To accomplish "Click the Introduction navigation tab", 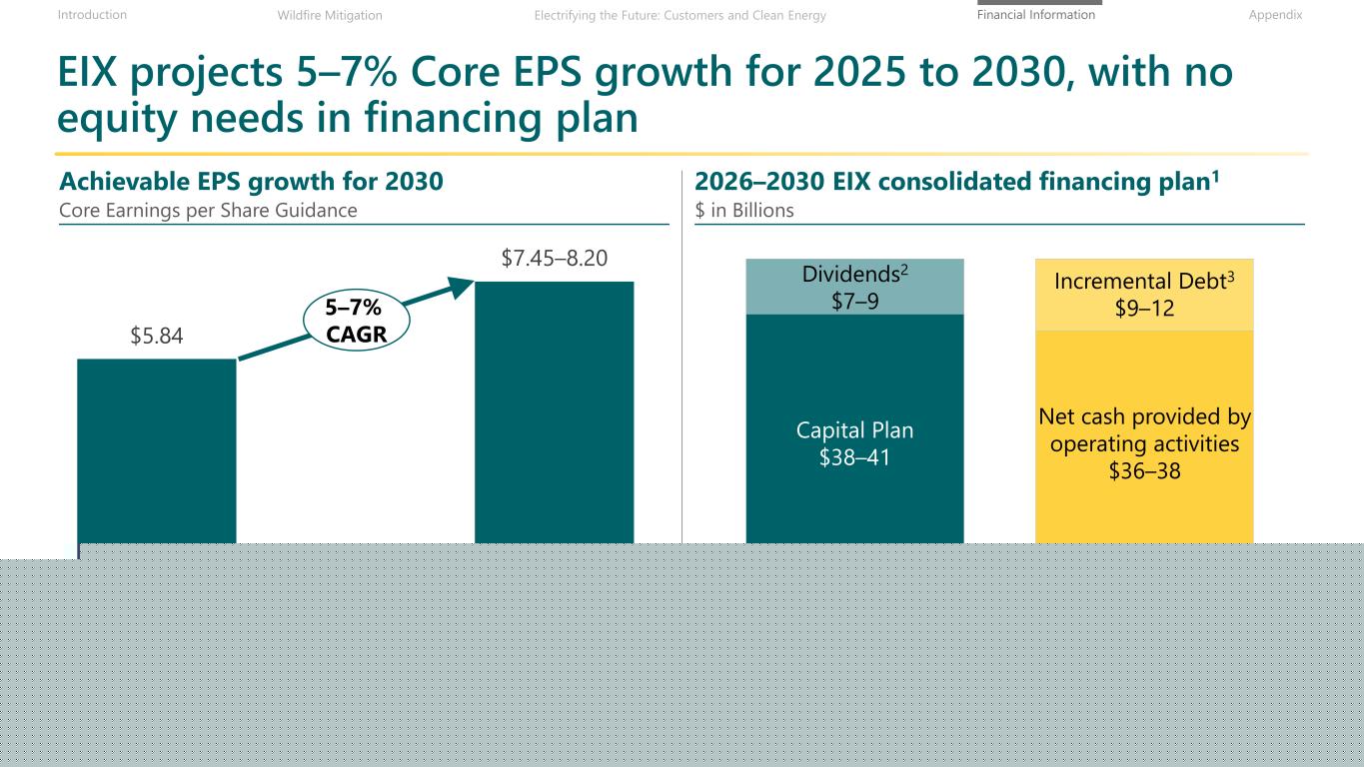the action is coord(92,15).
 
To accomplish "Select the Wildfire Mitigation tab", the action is coord(330,15).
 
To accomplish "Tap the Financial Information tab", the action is coord(1036,15).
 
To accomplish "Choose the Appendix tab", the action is coord(1275,15).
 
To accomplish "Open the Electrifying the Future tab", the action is coord(681,15).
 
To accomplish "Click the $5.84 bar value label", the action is coord(157,336).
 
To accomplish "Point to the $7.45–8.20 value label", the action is coord(555,258).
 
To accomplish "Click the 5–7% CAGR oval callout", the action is coord(356,321).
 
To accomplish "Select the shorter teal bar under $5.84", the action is coord(157,451).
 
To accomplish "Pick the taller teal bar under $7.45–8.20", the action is coord(555,412).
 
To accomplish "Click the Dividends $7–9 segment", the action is coord(855,287).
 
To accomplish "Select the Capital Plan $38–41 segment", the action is coord(855,429).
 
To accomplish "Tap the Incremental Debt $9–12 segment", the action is coord(1144,295).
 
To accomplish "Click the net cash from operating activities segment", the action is coord(1144,437).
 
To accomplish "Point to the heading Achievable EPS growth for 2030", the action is coord(251,182).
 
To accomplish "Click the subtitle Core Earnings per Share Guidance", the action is coord(208,210).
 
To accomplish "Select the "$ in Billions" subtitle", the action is coord(744,210).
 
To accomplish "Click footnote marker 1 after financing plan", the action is coord(1215,176).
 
